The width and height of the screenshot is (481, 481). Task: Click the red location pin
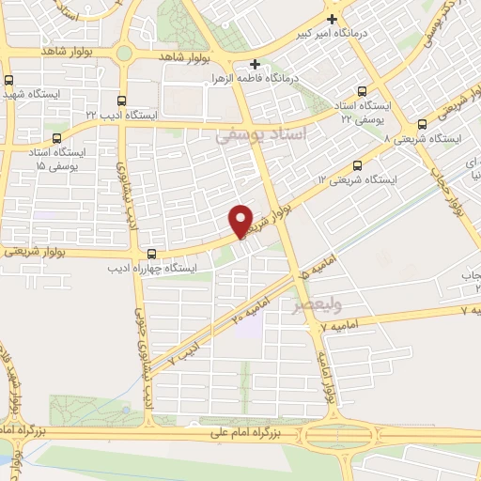pyautogui.click(x=242, y=220)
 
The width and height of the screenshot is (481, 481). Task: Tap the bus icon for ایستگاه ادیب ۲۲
pyautogui.click(x=120, y=101)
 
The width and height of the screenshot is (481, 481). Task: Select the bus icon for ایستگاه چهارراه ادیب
pyautogui.click(x=152, y=254)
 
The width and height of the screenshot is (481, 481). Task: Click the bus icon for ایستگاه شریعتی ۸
pyautogui.click(x=422, y=123)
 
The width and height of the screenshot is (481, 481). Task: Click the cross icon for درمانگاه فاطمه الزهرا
pyautogui.click(x=255, y=64)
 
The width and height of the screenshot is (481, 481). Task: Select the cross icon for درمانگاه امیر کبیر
pyautogui.click(x=331, y=19)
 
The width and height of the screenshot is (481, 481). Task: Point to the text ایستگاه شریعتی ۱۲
pyautogui.click(x=360, y=178)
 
